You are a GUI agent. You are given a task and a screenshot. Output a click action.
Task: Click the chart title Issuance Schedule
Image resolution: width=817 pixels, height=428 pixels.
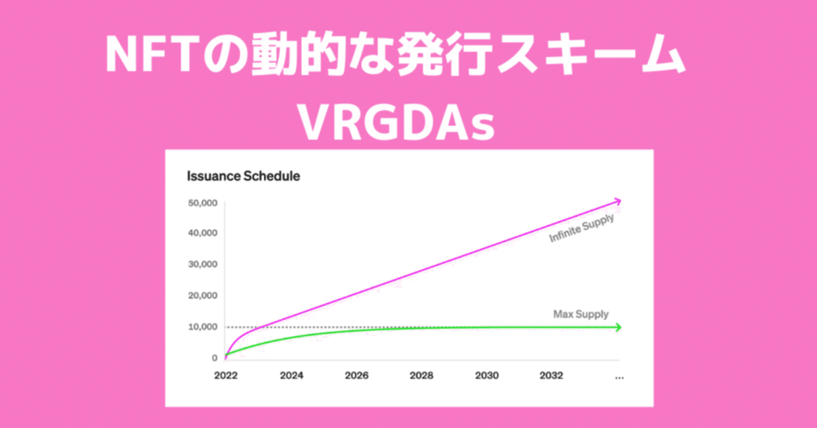coord(243,176)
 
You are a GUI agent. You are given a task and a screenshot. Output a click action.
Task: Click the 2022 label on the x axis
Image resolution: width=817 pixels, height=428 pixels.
coord(226,376)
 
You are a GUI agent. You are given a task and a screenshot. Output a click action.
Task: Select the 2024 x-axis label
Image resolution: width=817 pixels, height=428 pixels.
coord(291,376)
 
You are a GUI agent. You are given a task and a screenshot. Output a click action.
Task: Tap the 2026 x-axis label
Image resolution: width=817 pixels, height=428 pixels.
coord(356,376)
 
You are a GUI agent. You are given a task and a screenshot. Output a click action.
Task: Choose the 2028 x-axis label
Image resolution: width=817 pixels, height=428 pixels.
coord(421,376)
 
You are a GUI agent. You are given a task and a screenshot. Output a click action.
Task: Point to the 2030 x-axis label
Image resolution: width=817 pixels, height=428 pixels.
coord(486,376)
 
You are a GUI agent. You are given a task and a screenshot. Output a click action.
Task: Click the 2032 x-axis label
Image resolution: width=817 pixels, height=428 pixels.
coord(551,376)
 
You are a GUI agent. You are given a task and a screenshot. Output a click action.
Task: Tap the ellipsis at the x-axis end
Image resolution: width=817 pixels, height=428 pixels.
coord(618,377)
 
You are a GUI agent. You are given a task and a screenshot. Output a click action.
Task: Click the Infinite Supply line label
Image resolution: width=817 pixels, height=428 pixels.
coord(581,229)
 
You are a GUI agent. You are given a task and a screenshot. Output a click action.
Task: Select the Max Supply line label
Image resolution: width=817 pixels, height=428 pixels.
coord(581,314)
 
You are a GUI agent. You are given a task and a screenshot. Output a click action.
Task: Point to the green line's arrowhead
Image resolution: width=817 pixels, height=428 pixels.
coord(617,327)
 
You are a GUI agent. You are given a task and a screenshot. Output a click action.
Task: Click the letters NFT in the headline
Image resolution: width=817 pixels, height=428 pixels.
coord(147,57)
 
